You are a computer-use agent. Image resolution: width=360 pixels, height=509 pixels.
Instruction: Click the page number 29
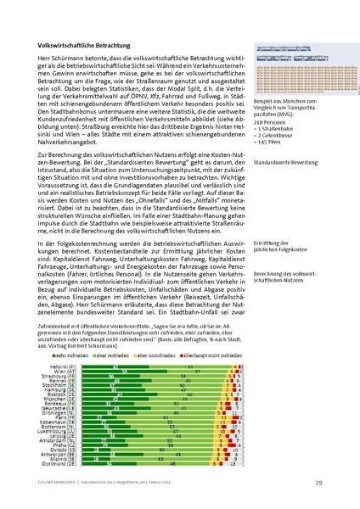pos(318,484)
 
